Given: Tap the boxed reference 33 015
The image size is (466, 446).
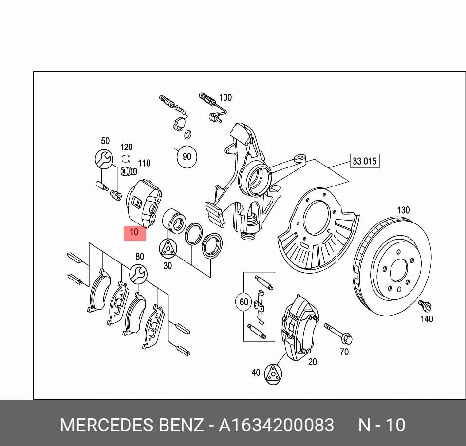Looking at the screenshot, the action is [365, 161].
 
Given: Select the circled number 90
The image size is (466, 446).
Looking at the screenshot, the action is [186, 157].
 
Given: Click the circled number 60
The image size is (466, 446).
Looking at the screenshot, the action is [243, 302].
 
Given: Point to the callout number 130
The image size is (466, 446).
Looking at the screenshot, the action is [403, 210].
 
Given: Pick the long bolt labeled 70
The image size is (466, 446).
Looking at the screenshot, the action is [338, 334].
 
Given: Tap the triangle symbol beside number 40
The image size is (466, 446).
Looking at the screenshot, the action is [273, 374].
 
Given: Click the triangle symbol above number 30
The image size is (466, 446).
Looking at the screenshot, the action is [168, 248].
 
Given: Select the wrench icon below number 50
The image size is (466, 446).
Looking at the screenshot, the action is [104, 159].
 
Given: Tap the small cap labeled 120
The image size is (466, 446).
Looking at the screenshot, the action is [126, 158].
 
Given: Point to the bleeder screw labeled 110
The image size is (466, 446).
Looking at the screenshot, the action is [129, 171].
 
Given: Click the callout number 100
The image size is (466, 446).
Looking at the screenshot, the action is [225, 97].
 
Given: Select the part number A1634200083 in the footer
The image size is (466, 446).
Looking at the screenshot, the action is [276, 425].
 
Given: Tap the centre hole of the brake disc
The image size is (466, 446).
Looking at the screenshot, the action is [398, 270].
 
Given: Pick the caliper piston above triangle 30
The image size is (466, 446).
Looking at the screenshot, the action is [174, 221].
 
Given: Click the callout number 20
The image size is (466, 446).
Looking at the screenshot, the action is [312, 362].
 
